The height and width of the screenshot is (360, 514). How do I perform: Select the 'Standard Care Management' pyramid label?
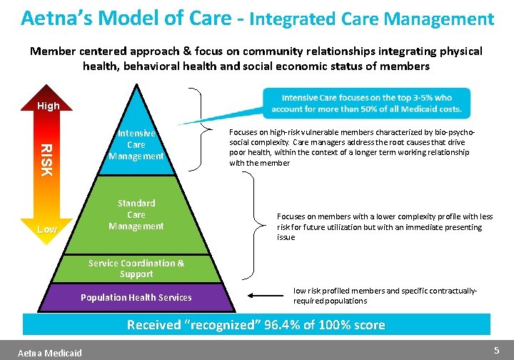136,214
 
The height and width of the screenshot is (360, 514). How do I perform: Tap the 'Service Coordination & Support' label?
136,269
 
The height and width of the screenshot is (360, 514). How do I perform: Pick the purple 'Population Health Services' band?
136,297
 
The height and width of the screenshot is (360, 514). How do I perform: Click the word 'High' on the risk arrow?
49,106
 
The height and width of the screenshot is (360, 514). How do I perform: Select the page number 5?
497,350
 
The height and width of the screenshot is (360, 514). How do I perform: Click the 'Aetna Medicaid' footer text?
50,353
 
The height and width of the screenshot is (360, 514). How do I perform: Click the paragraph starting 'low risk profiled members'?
385,296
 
